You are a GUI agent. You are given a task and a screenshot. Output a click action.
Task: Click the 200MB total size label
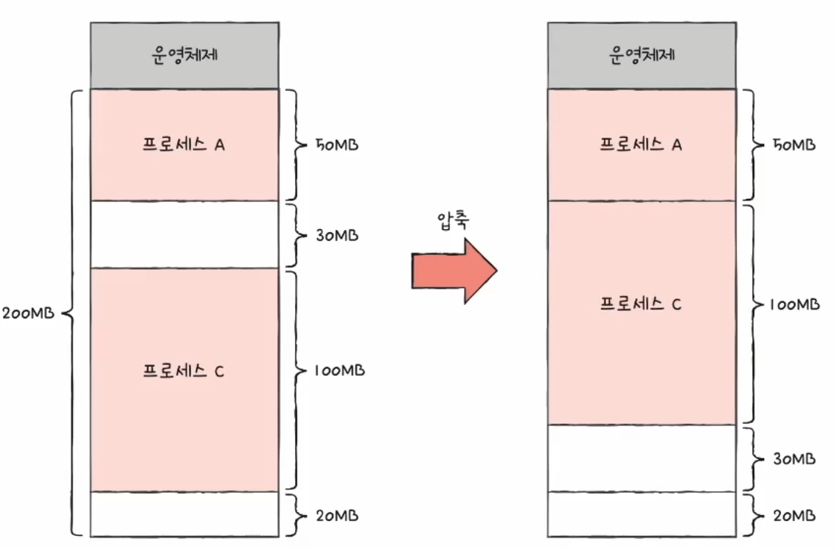[x=28, y=313]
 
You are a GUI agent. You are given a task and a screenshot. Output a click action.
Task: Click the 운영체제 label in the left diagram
[x=184, y=55]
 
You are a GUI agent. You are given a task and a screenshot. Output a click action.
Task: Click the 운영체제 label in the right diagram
[x=642, y=55]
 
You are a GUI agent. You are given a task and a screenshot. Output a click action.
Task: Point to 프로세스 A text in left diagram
[x=184, y=144]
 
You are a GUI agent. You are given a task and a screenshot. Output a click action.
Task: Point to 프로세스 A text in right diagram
[x=641, y=144]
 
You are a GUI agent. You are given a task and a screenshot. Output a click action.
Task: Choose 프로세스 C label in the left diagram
[x=184, y=371]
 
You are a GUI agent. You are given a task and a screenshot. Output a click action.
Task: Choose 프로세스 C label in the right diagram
[x=641, y=304]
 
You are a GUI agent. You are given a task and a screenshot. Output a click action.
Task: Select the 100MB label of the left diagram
[x=338, y=371]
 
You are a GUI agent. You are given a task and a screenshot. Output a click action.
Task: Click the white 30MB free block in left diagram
[x=184, y=234]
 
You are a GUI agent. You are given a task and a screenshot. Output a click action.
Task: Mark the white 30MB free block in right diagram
[x=642, y=458]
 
